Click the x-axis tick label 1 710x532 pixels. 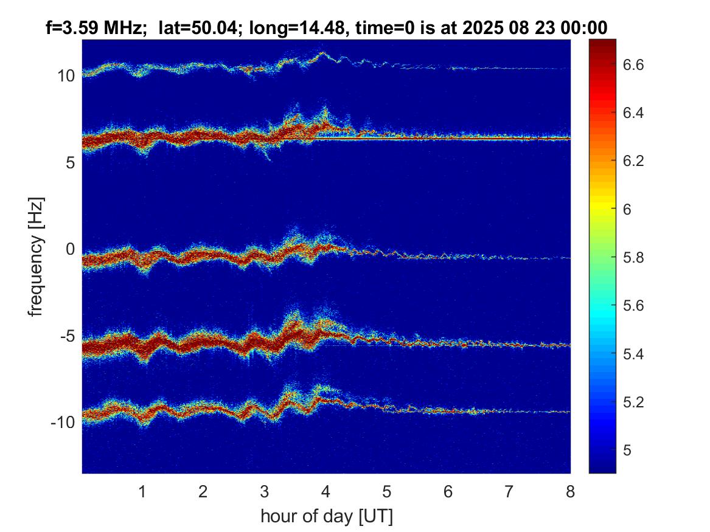pos(142,491)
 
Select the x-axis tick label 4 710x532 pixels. pos(325,491)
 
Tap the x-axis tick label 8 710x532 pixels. pos(570,491)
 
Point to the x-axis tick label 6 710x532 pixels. pos(448,491)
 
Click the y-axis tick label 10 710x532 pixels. pos(66,75)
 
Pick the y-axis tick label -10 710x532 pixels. pos(63,423)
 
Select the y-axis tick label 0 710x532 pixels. pos(71,249)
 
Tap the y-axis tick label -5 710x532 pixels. pos(67,336)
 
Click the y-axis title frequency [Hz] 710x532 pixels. pos(37,257)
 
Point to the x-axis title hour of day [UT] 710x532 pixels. pos(327,516)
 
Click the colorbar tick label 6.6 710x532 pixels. pos(633,64)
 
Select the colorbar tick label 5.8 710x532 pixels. pos(633,257)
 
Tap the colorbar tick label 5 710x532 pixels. pos(627,450)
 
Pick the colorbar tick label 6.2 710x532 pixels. pos(633,161)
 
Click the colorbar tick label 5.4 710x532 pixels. pos(633,354)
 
